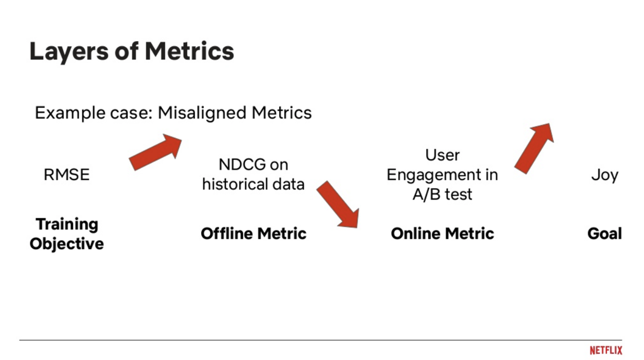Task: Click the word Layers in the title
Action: tap(69, 52)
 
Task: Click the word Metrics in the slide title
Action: tap(190, 51)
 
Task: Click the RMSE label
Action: tap(67, 174)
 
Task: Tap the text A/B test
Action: tap(442, 194)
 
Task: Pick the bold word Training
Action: tap(67, 224)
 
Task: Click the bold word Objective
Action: tap(67, 244)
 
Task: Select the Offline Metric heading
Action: tap(254, 233)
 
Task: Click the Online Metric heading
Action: tap(442, 233)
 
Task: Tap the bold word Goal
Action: tap(605, 233)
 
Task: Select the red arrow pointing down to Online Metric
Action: tap(339, 204)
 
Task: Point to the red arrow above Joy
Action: tap(534, 148)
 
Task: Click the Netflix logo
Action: tap(606, 350)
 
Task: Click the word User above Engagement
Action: tap(442, 155)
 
